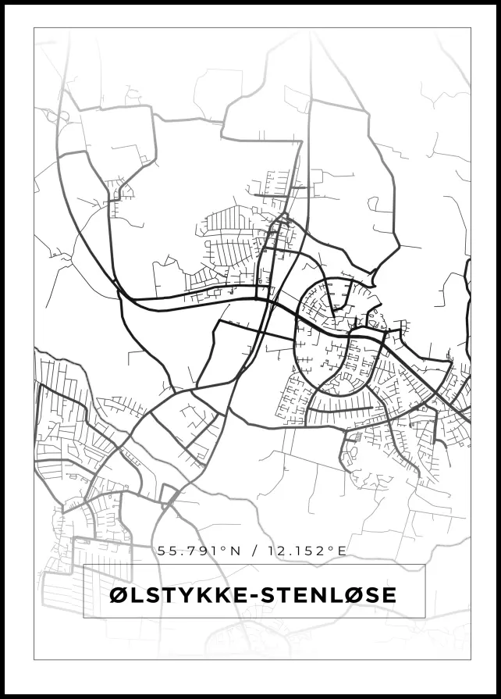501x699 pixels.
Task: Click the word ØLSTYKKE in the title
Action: coord(177,595)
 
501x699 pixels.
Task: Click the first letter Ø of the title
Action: coord(119,595)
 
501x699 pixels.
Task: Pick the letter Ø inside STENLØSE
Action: coord(353,595)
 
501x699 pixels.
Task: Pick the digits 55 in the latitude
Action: coord(165,551)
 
